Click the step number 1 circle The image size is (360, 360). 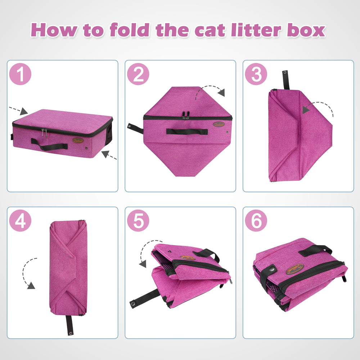21,75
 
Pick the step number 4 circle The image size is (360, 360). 21,220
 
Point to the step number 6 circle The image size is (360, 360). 256,220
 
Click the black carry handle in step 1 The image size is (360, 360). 49,146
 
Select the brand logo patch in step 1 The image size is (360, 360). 78,140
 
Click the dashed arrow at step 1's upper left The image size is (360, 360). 18,109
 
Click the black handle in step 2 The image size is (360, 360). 187,131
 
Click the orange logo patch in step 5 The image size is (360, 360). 188,258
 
